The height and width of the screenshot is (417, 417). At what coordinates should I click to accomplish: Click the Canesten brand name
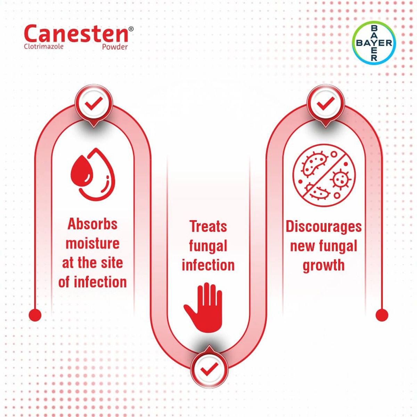pyautogui.click(x=76, y=34)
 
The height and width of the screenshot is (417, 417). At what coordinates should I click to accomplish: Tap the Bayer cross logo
pyautogui.click(x=374, y=43)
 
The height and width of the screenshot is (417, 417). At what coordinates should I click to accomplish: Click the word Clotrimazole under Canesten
pyautogui.click(x=43, y=46)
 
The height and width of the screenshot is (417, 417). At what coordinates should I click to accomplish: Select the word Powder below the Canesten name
pyautogui.click(x=115, y=47)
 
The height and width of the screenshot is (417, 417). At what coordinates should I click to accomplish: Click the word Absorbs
pyautogui.click(x=92, y=224)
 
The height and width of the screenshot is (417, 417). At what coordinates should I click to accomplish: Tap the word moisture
pyautogui.click(x=92, y=243)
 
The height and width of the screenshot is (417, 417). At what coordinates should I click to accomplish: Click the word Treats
pyautogui.click(x=208, y=227)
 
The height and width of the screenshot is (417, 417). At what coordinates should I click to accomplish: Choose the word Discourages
pyautogui.click(x=324, y=227)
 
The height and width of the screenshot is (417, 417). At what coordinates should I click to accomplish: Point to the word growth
pyautogui.click(x=324, y=265)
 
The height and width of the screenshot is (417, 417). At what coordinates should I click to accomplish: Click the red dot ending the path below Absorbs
pyautogui.click(x=35, y=315)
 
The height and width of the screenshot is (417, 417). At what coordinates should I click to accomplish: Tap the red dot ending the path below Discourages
pyautogui.click(x=382, y=315)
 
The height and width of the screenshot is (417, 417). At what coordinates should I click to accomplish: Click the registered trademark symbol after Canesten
pyautogui.click(x=131, y=30)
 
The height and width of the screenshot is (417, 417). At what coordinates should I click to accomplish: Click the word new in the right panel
pyautogui.click(x=302, y=246)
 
